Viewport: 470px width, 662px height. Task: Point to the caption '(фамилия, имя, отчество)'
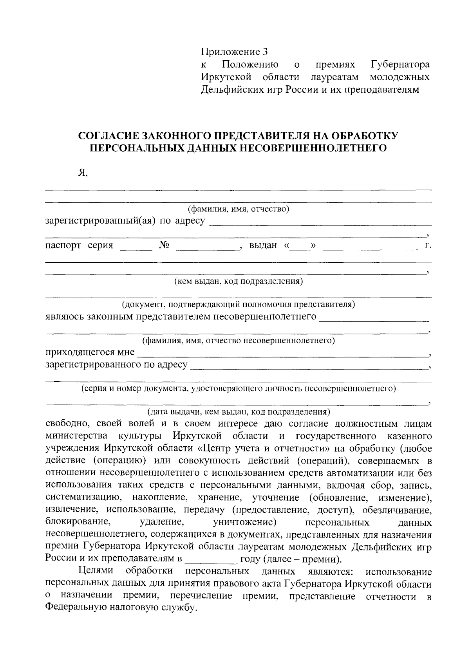238,209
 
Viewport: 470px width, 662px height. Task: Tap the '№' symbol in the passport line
164,246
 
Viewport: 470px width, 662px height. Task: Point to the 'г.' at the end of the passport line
428,246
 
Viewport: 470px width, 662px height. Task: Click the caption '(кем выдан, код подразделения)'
238,281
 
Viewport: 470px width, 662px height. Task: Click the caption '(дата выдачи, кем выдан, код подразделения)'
238,412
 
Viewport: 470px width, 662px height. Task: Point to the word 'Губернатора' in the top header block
399,64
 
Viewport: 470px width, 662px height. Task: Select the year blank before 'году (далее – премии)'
211,559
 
